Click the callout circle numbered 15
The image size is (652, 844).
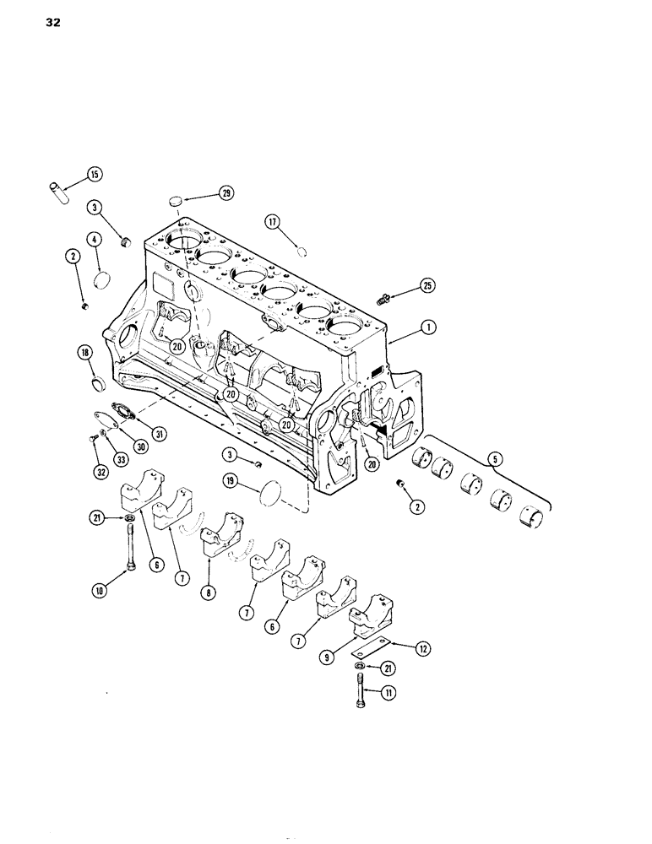pyautogui.click(x=93, y=175)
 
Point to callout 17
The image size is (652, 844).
pyautogui.click(x=273, y=223)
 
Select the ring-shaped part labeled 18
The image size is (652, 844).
pyautogui.click(x=98, y=387)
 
